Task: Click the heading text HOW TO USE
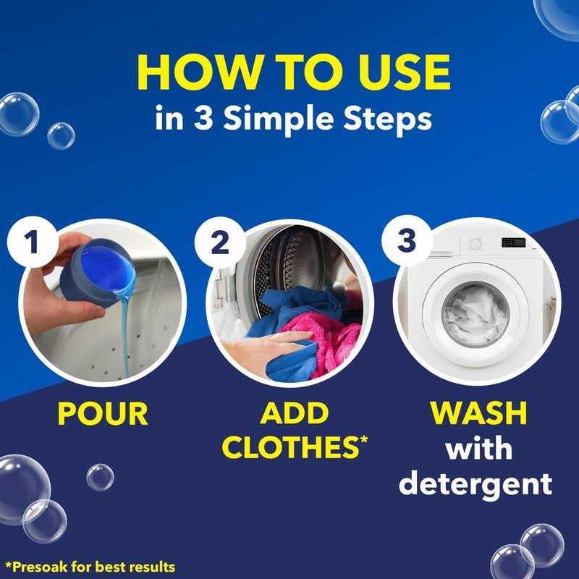click(293, 71)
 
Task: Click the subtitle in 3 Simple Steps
click(293, 118)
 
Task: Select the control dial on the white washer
click(475, 244)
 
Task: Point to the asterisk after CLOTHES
click(362, 439)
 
